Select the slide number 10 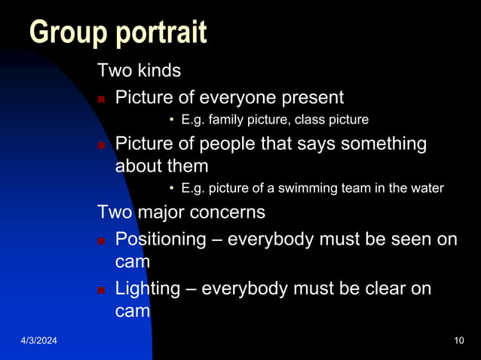coord(459,343)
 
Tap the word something coord(383,143)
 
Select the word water coord(427,188)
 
